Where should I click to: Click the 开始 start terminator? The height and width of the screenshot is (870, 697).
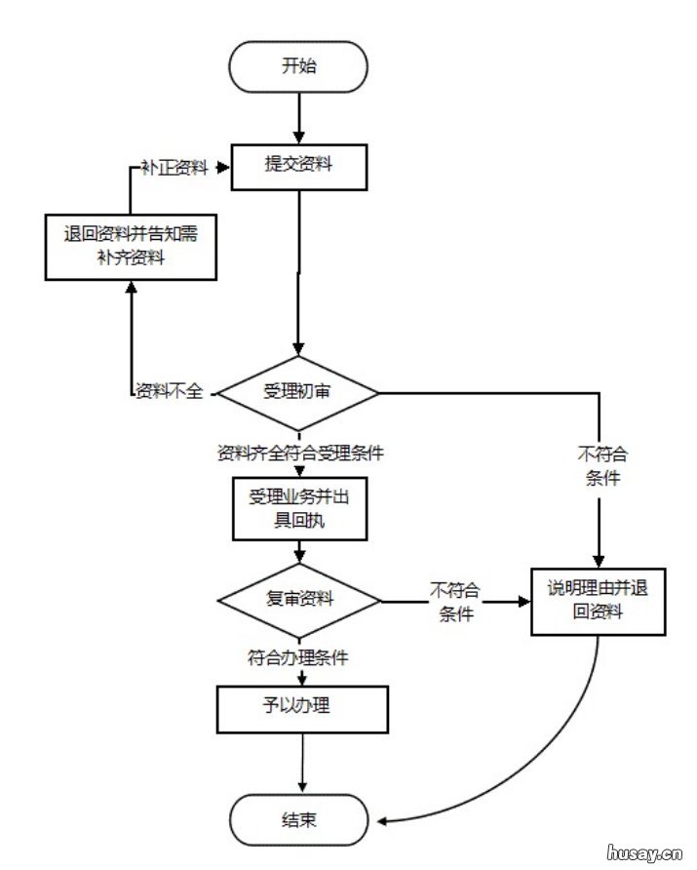[298, 66]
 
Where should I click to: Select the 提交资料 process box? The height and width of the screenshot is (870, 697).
[298, 165]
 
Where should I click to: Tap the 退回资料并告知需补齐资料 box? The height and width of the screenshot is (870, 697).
[131, 246]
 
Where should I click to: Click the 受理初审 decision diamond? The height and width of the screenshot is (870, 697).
[297, 391]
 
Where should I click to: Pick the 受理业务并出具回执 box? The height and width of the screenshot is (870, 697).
[299, 508]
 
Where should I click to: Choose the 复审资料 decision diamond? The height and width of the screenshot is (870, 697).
[298, 599]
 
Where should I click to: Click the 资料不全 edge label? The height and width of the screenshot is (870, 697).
[169, 391]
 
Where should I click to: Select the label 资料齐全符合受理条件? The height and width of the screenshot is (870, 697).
[299, 454]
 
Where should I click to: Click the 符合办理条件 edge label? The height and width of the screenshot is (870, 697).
[297, 658]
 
